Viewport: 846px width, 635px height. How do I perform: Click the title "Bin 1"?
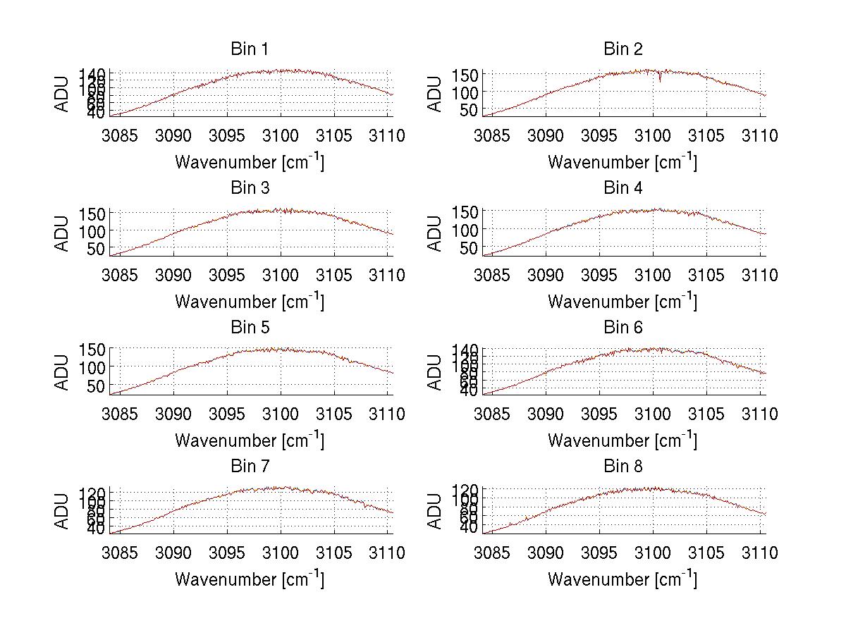coord(250,49)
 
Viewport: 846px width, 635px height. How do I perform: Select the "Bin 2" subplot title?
coord(623,49)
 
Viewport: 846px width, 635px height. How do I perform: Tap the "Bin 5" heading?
coord(250,328)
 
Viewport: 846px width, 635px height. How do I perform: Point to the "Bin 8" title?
coord(623,467)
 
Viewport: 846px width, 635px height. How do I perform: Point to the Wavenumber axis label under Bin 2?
coord(623,162)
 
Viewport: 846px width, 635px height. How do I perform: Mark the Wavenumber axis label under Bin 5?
coord(250,440)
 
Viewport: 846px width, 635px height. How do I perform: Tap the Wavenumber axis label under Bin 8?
coord(623,579)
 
